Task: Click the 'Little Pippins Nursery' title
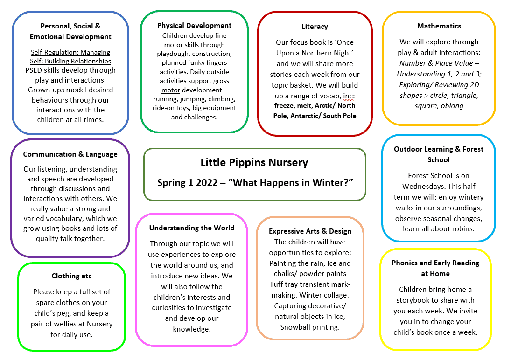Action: pyautogui.click(x=254, y=162)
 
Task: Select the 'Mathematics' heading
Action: pyautogui.click(x=439, y=26)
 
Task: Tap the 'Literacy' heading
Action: pyautogui.click(x=315, y=27)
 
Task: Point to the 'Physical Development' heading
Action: pyautogui.click(x=194, y=26)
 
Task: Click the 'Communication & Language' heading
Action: pyautogui.click(x=70, y=154)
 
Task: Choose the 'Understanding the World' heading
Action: pyautogui.click(x=192, y=228)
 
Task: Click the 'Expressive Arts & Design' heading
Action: pyautogui.click(x=310, y=231)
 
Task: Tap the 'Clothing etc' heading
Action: pyautogui.click(x=72, y=276)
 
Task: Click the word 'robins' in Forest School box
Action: pyautogui.click(x=462, y=228)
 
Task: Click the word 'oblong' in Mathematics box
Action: pyautogui.click(x=452, y=106)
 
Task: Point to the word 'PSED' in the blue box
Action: pyautogui.click(x=35, y=70)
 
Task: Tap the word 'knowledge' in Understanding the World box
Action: pyautogui.click(x=192, y=329)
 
